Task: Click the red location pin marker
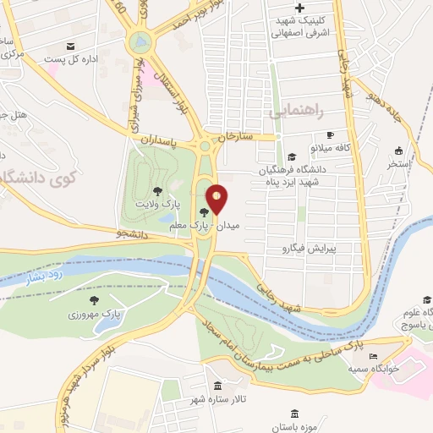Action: tap(216, 200)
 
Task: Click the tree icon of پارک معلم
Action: tap(203, 212)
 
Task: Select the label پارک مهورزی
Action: tap(95, 314)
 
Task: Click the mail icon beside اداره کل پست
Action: tap(71, 46)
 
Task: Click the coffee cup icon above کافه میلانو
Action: tap(331, 135)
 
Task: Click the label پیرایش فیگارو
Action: tap(308, 249)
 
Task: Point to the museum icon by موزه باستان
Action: tap(294, 414)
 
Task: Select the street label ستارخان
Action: tap(236, 135)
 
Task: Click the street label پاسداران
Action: tap(159, 140)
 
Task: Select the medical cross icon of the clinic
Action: tap(300, 8)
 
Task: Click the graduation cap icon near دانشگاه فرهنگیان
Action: tap(292, 156)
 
